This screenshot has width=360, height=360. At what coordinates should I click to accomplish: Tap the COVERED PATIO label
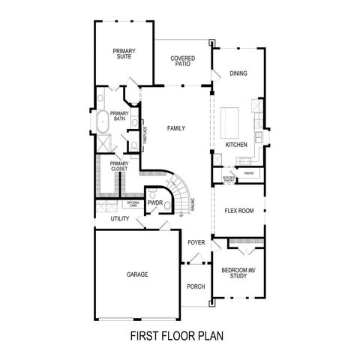(x=183, y=61)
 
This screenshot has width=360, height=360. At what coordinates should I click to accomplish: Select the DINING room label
(x=238, y=73)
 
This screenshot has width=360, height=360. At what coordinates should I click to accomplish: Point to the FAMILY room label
(x=176, y=128)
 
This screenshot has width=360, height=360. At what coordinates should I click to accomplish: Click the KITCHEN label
(x=236, y=145)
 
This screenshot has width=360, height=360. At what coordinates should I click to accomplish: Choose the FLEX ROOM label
(x=239, y=211)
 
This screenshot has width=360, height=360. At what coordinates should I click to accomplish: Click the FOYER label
(x=196, y=242)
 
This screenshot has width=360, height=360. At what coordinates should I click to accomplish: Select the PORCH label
(x=196, y=286)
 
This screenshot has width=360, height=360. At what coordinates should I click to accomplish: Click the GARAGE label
(x=137, y=274)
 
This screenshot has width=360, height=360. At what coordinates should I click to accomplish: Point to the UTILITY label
(x=120, y=218)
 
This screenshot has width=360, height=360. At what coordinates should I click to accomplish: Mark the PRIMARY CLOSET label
(x=118, y=166)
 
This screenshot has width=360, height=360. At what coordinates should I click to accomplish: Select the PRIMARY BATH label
(x=119, y=116)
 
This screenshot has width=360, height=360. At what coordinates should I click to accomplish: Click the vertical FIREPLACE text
(x=145, y=136)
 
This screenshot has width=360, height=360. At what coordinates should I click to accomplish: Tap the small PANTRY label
(x=249, y=172)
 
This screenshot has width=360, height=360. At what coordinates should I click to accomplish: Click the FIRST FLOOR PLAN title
(x=177, y=335)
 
